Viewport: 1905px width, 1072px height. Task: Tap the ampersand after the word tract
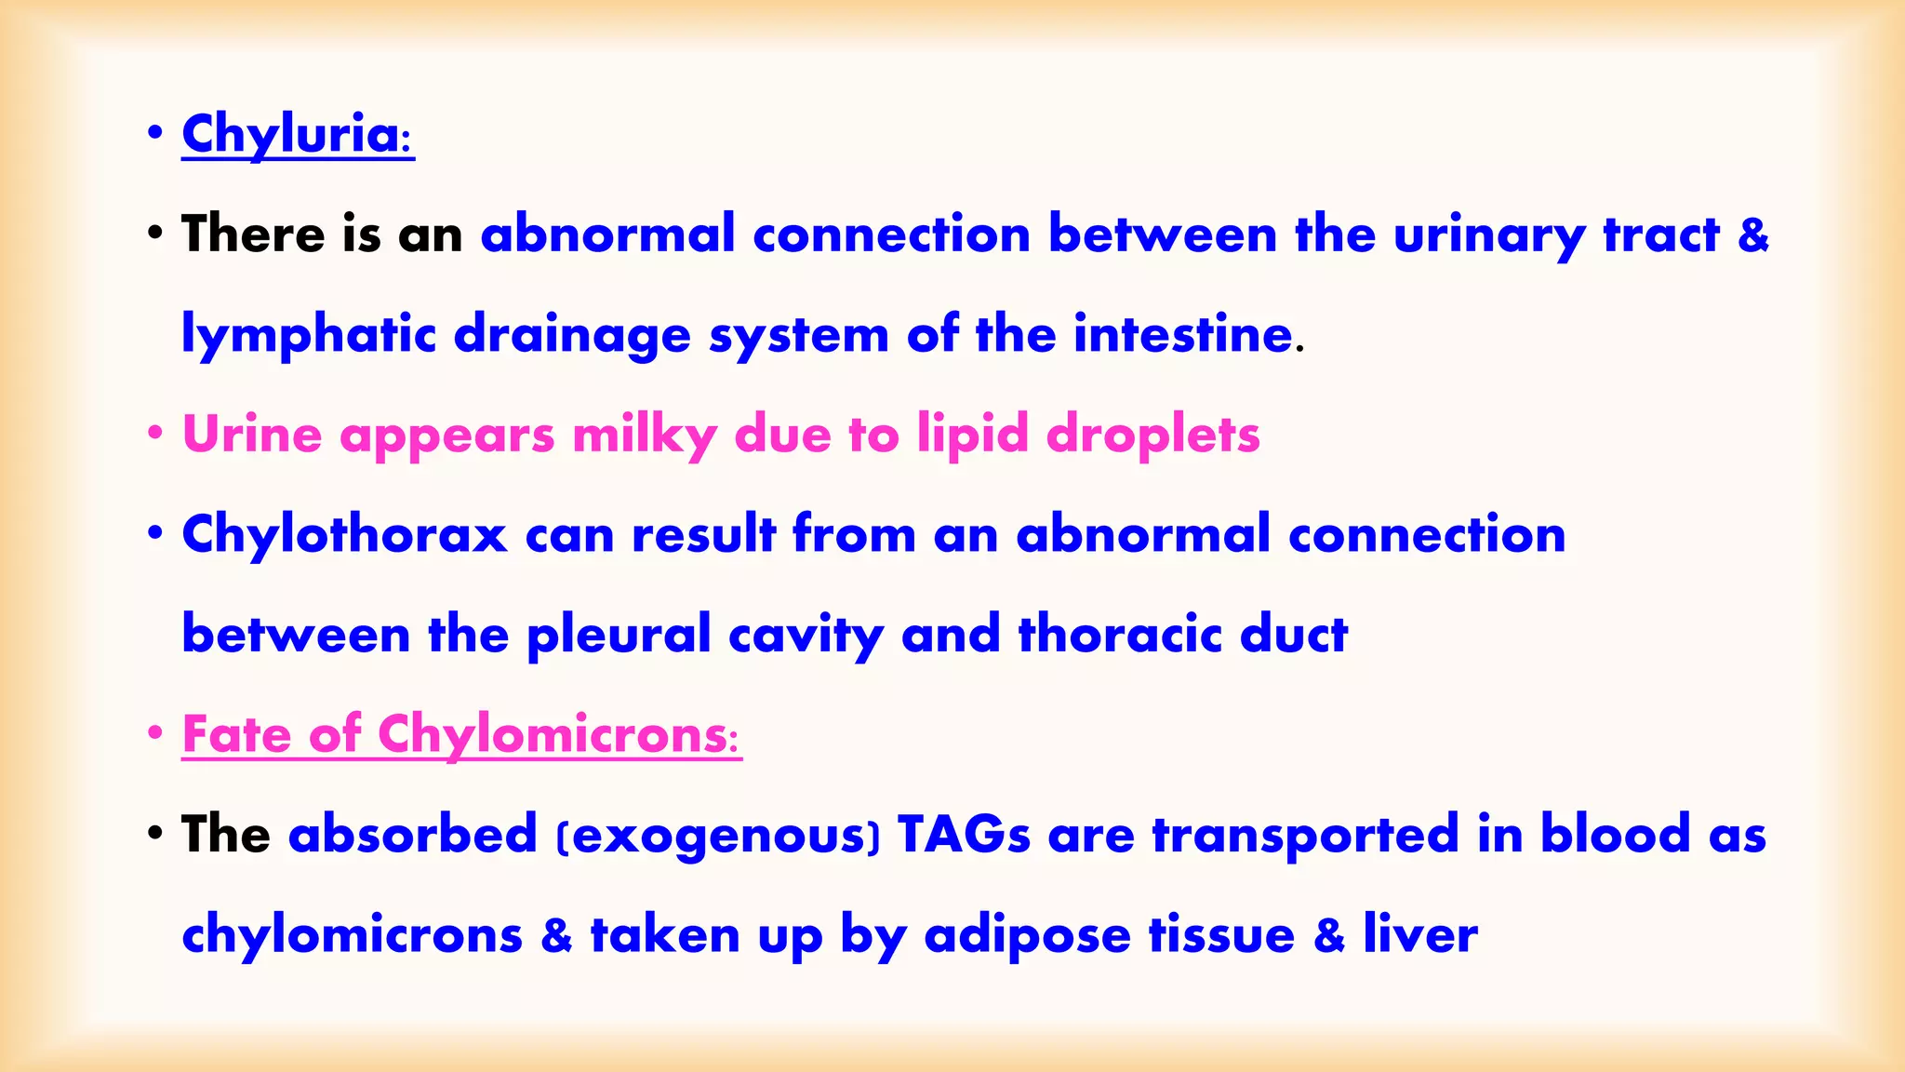[1752, 234]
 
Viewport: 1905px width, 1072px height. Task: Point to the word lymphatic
[308, 335]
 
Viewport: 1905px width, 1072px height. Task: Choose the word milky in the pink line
[644, 435]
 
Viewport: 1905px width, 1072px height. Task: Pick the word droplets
[1152, 435]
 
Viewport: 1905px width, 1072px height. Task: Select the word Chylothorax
[344, 535]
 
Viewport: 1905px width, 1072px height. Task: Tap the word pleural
[618, 636]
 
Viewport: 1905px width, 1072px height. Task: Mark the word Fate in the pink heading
[236, 734]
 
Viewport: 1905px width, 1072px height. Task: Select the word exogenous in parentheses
[717, 835]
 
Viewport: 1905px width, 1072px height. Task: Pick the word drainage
[572, 335]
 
